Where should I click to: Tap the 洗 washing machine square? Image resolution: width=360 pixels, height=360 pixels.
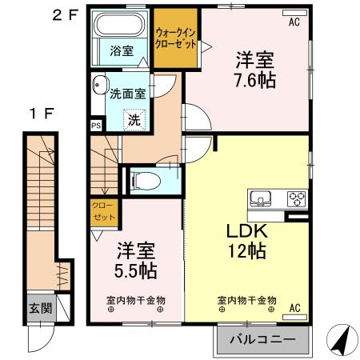coord(134,121)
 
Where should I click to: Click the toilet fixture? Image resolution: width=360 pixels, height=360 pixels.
coord(146,180)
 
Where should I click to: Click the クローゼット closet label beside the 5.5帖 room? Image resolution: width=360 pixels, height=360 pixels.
coord(103,212)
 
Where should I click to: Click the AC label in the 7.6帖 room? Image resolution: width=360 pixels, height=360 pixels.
coord(294,23)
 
